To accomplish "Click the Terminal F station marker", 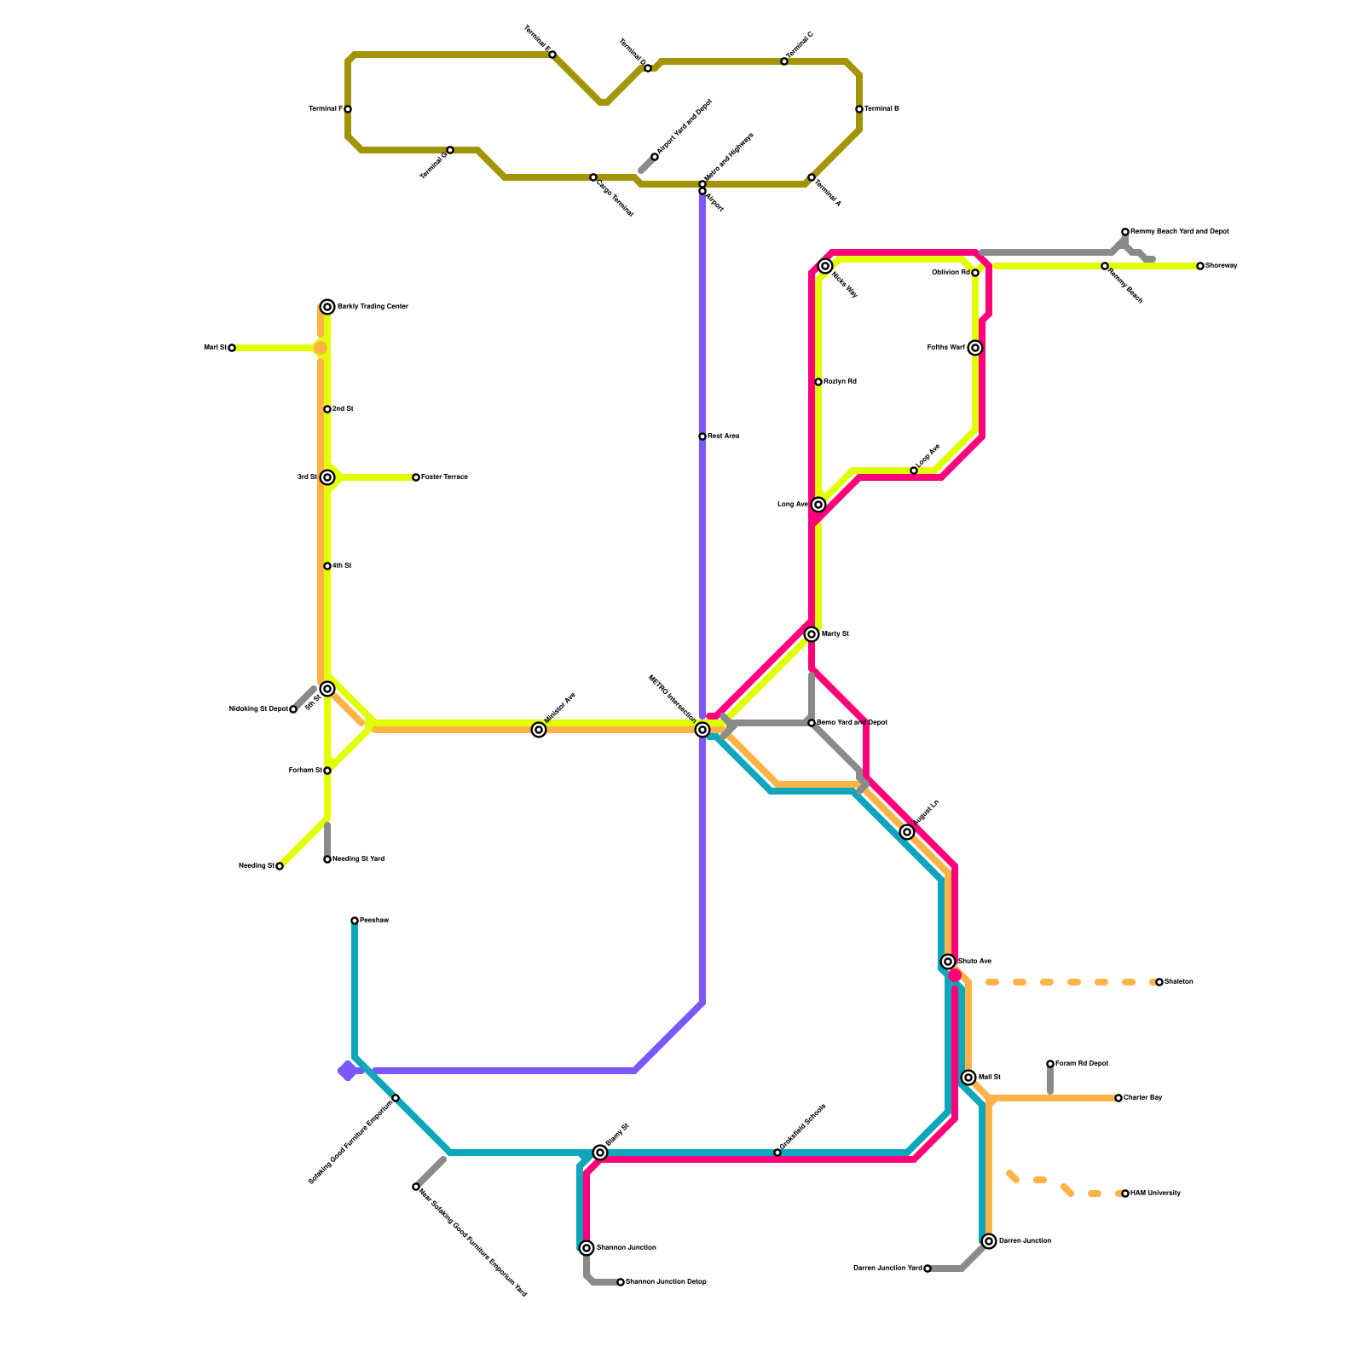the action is pos(348,109).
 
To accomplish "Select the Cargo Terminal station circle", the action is pos(593,177).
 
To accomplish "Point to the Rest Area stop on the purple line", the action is pos(702,436).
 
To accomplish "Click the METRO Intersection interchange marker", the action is pos(702,730).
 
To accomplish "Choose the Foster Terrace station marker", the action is pos(416,477).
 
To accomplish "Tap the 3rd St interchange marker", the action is pos(327,477).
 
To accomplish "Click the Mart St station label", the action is pos(214,348).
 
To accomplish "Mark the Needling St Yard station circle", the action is pos(327,859).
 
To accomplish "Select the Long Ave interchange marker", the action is pos(818,505).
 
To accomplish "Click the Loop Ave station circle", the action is pos(914,471).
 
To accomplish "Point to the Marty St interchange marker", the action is pos(812,634).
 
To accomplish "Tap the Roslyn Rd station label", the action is pos(840,382).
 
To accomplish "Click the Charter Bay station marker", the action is pos(1118,1098).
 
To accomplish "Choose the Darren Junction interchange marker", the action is pos(989,1241).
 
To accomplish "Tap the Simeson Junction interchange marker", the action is pos(587,1248).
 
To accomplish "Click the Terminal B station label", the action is pos(881,109).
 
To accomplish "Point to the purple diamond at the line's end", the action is pos(347,1071).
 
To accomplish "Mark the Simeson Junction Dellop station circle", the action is pos(621,1282).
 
